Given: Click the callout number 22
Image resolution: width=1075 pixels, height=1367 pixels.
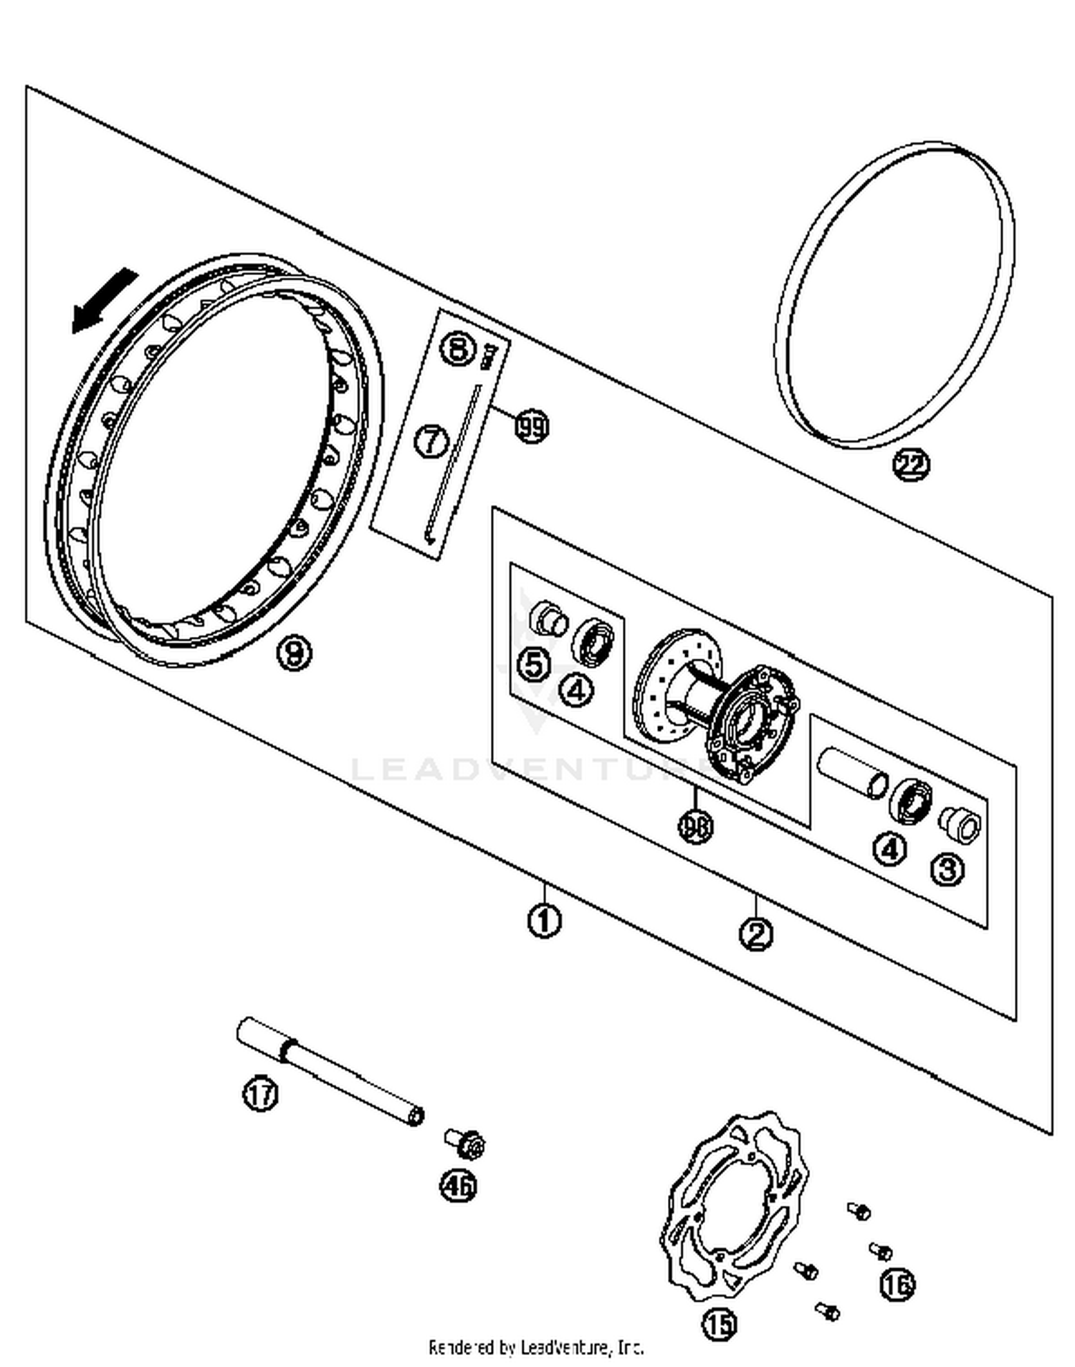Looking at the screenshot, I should [910, 465].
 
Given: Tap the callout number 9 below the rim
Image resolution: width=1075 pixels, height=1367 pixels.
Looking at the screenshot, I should [295, 653].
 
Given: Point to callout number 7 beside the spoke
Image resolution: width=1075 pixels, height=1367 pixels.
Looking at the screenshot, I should [431, 441].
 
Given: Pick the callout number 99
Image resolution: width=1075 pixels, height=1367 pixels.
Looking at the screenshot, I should [531, 428].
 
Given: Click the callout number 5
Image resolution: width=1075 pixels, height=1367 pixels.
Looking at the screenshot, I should [533, 665].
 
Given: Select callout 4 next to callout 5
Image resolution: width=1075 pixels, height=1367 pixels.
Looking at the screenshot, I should [577, 690].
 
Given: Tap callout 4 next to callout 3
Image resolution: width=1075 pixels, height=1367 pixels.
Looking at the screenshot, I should [889, 849].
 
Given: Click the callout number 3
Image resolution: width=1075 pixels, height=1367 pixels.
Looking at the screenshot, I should [947, 869].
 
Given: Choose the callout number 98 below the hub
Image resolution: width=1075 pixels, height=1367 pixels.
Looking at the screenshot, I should [695, 826].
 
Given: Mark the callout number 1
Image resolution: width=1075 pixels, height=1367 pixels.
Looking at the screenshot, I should [544, 920].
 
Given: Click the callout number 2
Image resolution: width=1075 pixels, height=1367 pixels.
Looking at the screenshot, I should [757, 934].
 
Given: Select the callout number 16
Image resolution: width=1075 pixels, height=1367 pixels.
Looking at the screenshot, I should [897, 1284].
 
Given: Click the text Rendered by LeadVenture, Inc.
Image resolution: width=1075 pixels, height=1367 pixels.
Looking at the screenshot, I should [536, 1347].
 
